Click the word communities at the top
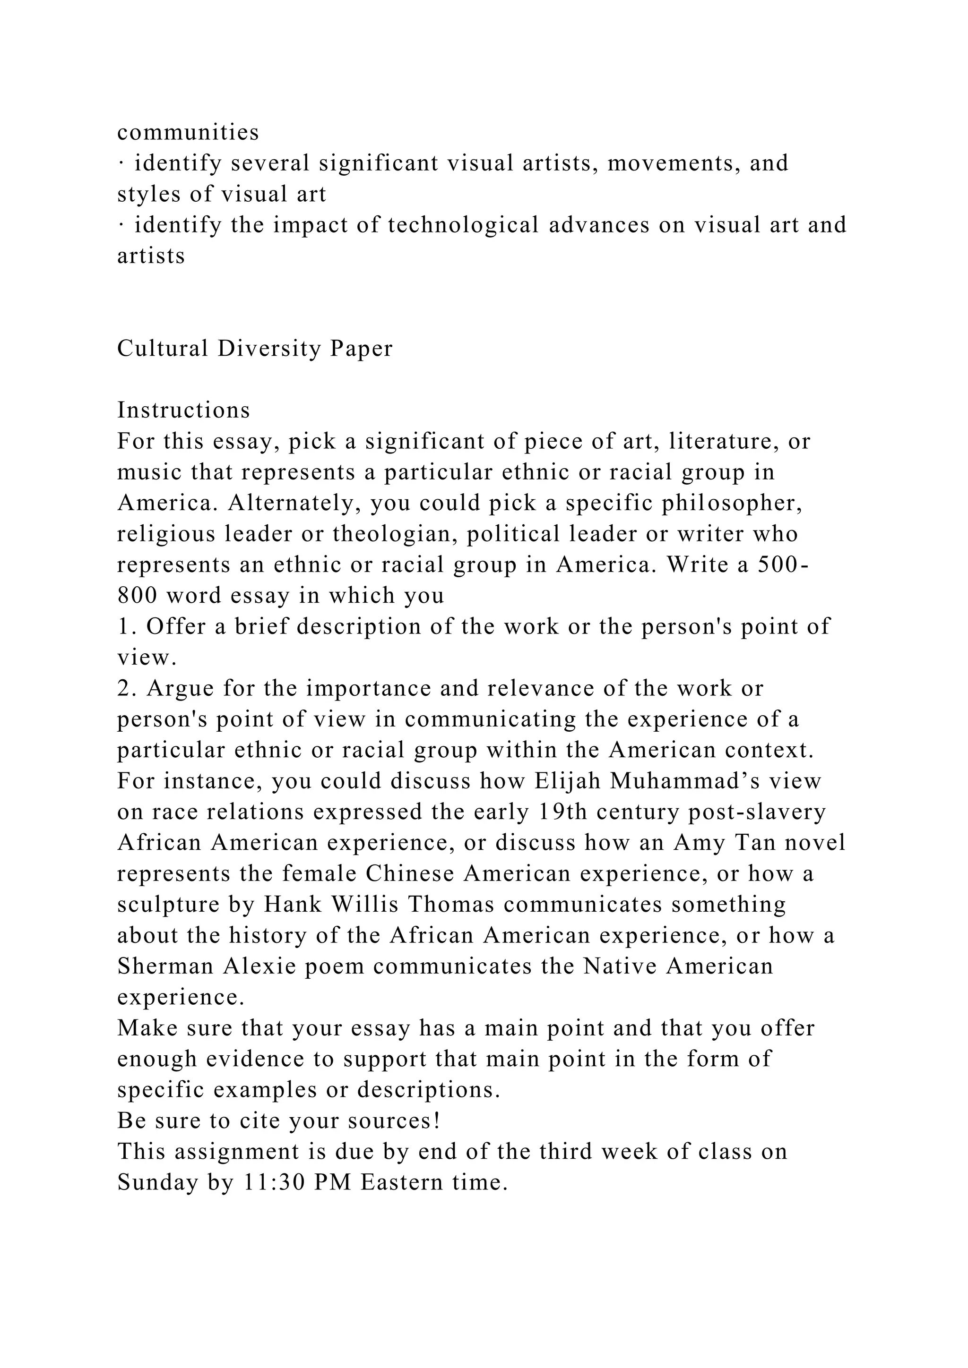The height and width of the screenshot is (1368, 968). (x=188, y=132)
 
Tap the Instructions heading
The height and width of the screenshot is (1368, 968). (x=183, y=410)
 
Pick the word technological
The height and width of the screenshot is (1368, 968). (x=463, y=225)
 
